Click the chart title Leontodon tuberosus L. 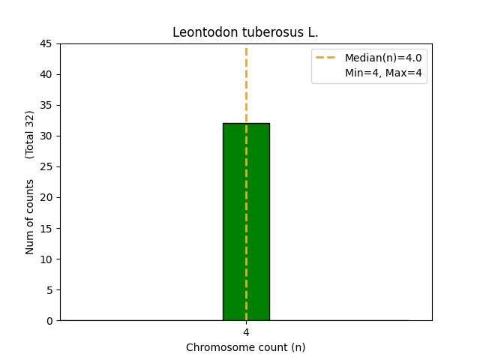[245, 32]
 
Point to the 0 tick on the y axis [49, 321]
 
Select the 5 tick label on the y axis [49, 290]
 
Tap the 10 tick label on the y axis [46, 259]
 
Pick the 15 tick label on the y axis [46, 229]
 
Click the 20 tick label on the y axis [46, 198]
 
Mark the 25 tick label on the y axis [46, 167]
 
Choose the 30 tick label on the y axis [46, 136]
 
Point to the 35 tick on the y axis [46, 106]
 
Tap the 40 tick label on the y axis [46, 75]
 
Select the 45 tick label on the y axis [46, 44]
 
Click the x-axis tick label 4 [246, 332]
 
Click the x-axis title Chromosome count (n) [246, 347]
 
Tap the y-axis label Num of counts [30, 217]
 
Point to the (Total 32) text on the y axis [30, 134]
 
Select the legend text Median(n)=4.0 [383, 58]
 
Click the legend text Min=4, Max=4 [383, 73]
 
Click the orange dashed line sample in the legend [327, 58]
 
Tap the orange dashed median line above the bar [246, 82]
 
